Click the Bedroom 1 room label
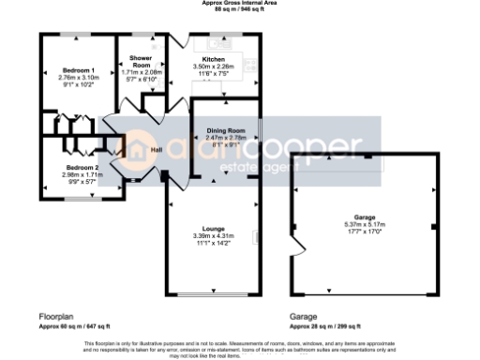coord(80,71)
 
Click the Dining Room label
coord(225,129)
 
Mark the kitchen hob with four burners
coord(250,66)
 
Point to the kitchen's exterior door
coord(180,41)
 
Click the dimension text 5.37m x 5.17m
coord(363,225)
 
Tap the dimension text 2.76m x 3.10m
coord(80,78)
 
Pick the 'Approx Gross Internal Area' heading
coord(239,4)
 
